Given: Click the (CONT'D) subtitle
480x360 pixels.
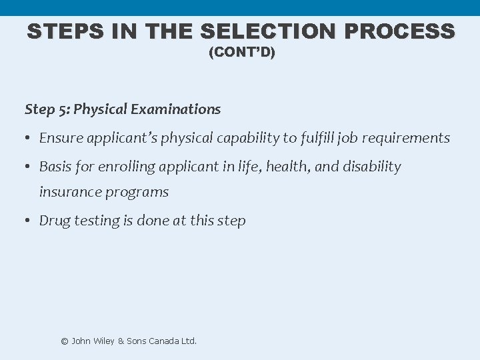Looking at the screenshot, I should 241,53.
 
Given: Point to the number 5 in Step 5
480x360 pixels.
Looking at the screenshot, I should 64,109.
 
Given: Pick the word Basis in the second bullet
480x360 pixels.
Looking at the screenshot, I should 56,166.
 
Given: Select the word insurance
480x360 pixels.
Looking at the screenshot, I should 71,193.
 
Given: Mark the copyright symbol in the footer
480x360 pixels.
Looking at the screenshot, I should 65,341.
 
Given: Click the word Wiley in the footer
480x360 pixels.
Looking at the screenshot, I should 103,341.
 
